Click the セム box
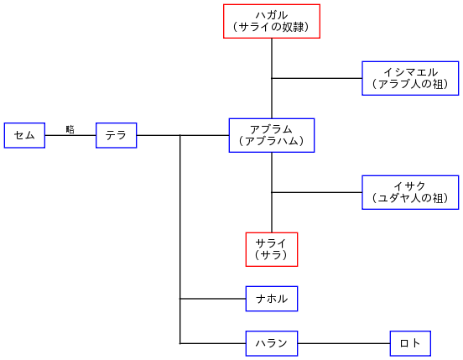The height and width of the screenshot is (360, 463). pos(24,135)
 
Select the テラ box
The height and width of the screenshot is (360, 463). pos(116,135)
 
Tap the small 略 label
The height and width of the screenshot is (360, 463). pos(70,129)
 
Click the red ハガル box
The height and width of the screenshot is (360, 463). pos(272,21)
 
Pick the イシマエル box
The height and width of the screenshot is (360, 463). pos(410,78)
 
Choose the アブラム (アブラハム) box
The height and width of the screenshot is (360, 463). pos(272,135)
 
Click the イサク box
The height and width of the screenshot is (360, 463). pos(410,192)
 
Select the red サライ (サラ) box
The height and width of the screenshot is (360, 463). pos(272,249)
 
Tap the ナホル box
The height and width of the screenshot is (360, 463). pos(272,298)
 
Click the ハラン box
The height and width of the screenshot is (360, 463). pos(272,343)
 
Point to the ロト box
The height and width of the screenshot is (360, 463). pos(410,343)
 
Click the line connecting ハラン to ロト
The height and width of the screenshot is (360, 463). pos(344,343)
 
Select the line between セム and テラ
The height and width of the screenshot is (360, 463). pos(70,135)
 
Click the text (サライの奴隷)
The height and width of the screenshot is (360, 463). pos(272,28)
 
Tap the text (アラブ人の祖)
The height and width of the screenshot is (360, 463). pos(410,84)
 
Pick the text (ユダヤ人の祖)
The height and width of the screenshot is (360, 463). pos(410,199)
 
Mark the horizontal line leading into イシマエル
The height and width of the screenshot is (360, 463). pos(317,78)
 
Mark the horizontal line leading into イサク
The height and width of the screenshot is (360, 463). pos(317,192)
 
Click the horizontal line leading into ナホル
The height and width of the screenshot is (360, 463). pos(213,298)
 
